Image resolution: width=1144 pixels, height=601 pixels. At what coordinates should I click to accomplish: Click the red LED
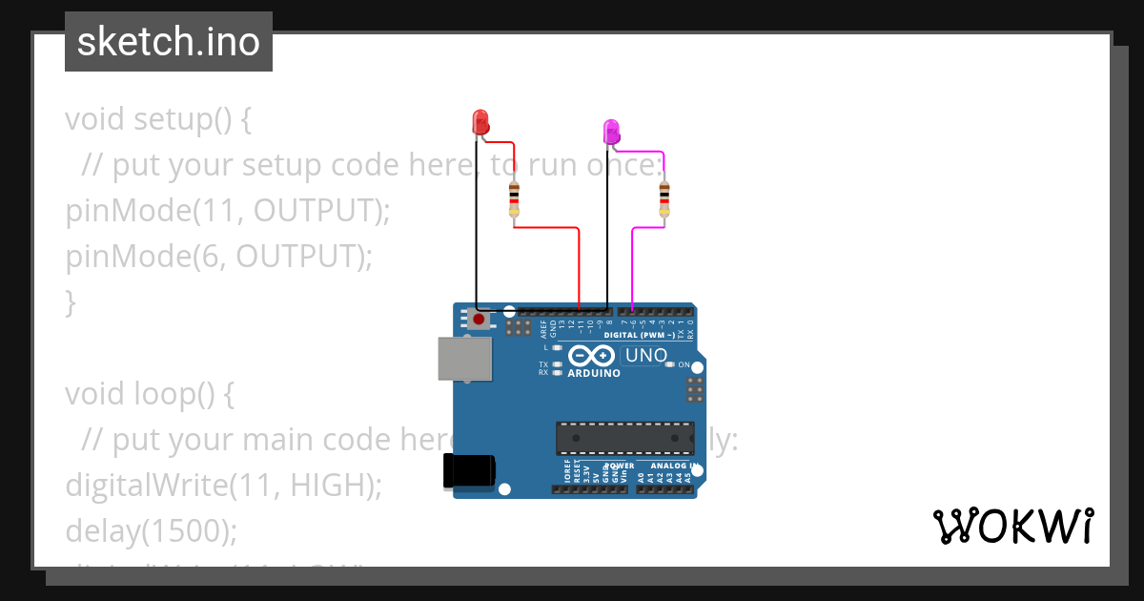tap(480, 122)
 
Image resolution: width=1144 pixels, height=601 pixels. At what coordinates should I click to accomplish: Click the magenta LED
tap(611, 131)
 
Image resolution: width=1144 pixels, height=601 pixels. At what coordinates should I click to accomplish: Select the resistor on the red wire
tap(515, 199)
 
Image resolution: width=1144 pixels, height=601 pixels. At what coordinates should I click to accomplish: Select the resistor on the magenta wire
tap(664, 199)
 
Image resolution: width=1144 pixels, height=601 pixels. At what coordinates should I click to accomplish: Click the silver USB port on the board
tap(465, 359)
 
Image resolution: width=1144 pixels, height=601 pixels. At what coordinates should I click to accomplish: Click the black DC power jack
tap(469, 471)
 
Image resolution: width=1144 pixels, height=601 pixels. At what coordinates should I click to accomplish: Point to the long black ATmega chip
tap(624, 437)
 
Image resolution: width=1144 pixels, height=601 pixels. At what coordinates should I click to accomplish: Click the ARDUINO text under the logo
tap(593, 373)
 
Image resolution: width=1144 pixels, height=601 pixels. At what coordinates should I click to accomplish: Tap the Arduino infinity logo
tap(592, 357)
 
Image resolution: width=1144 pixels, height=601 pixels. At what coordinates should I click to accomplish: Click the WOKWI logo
tap(1012, 527)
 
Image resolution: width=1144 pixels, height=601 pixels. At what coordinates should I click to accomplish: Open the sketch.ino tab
tap(169, 42)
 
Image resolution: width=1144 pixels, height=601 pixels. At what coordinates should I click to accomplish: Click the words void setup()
tap(158, 119)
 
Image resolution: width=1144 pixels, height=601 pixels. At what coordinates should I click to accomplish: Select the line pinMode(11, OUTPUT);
tap(228, 211)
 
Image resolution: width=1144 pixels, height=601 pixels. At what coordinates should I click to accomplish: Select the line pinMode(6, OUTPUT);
tap(218, 257)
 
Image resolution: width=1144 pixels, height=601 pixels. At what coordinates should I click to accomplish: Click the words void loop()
tap(149, 393)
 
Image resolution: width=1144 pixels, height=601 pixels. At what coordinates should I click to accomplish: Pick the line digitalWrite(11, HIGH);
tap(223, 485)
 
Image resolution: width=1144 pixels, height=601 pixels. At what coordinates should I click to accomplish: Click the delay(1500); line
tap(151, 530)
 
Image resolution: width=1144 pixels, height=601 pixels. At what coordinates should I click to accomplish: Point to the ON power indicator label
tap(684, 364)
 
